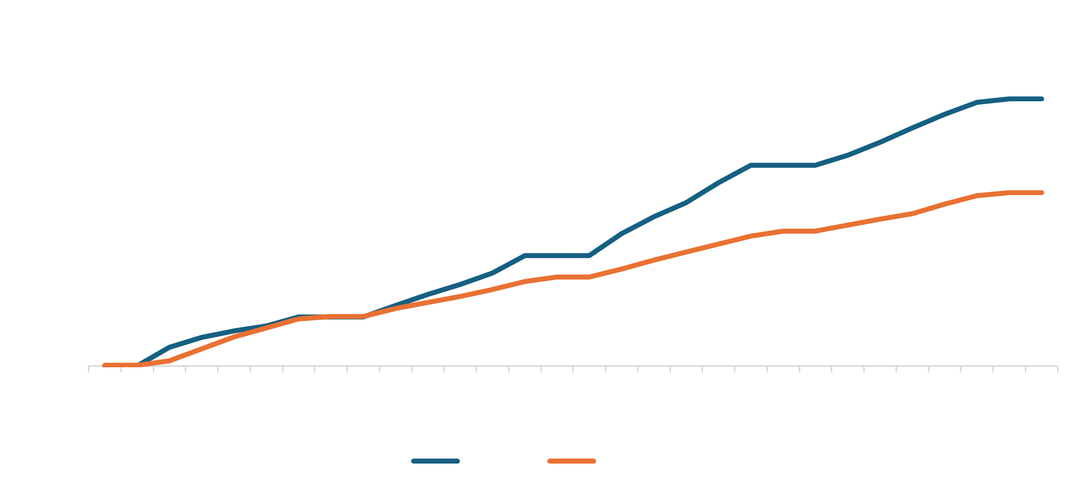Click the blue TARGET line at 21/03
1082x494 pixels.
point(751,165)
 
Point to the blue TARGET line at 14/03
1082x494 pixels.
point(525,255)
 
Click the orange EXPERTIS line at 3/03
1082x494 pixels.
point(170,361)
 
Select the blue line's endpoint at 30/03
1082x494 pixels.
point(1042,99)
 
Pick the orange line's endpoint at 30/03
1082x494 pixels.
point(1042,193)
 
